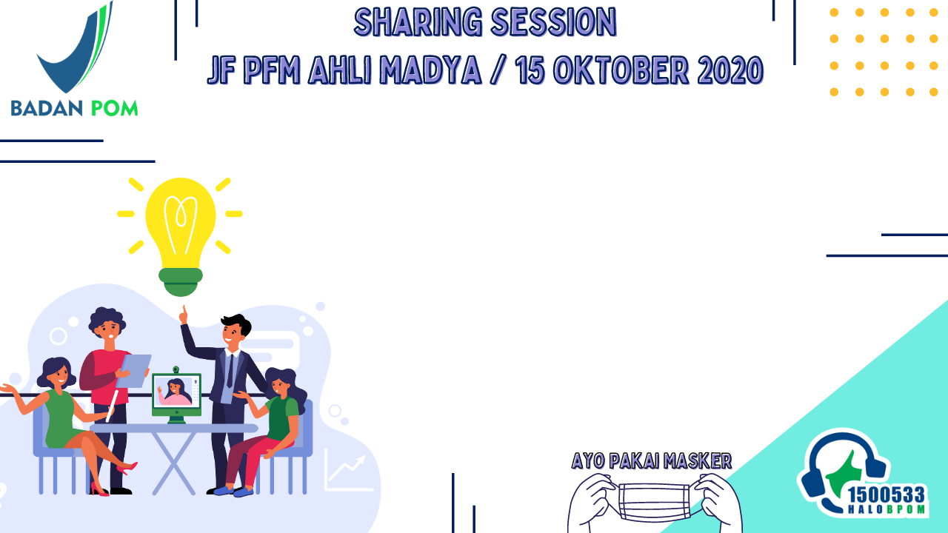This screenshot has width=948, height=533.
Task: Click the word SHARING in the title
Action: click(418, 22)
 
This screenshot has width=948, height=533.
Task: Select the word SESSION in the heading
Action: click(554, 22)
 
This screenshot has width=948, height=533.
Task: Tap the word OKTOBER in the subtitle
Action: click(621, 70)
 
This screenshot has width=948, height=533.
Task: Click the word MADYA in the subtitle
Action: click(430, 70)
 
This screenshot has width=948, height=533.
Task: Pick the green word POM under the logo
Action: click(114, 108)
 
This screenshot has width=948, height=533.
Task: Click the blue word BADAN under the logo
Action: click(47, 108)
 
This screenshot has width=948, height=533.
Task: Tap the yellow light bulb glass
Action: click(181, 222)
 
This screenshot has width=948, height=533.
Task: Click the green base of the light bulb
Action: click(181, 282)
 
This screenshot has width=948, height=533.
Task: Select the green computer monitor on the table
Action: click(176, 395)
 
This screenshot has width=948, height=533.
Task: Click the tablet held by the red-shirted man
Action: click(133, 371)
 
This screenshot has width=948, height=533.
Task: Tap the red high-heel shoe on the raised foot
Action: click(127, 468)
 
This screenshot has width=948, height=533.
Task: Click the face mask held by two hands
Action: click(654, 501)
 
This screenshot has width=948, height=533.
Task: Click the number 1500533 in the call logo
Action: click(887, 495)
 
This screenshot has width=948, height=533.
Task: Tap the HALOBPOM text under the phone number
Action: click(887, 509)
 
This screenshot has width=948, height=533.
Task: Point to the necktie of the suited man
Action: click(230, 371)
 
